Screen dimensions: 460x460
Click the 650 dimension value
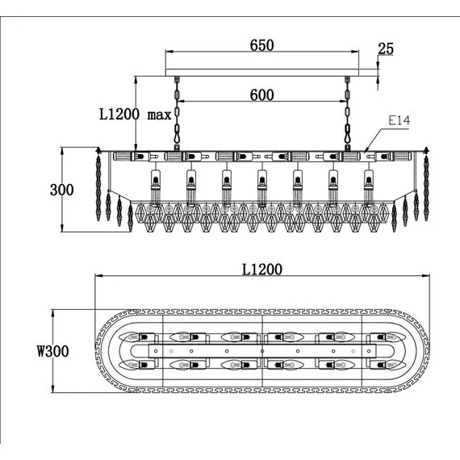[x=261, y=45]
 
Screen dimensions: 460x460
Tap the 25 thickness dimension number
[x=386, y=48]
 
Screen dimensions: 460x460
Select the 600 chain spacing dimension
[x=262, y=94]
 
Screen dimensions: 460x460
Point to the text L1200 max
[x=136, y=114]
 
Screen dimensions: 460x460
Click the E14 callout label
[x=399, y=120]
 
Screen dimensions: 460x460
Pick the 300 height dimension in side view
[x=61, y=190]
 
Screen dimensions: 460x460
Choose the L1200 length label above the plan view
[x=262, y=270]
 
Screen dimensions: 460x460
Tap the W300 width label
[x=52, y=351]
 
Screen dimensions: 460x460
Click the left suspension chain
[x=177, y=114]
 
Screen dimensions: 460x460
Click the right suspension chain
[x=347, y=114]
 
